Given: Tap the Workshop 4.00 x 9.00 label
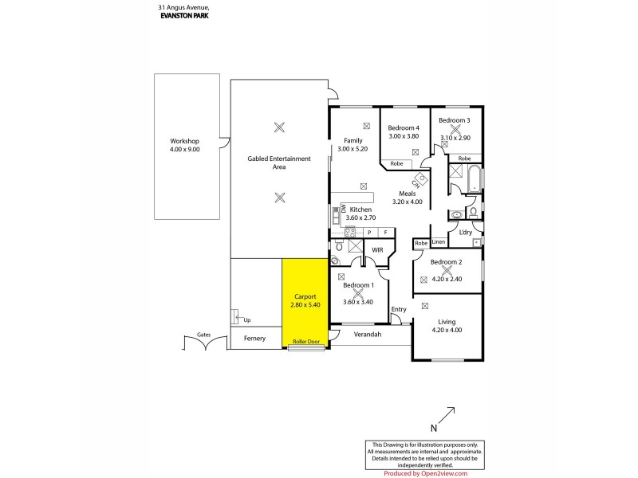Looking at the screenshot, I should [184, 146].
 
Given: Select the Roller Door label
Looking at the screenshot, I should [305, 342].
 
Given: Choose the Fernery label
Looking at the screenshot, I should [254, 339].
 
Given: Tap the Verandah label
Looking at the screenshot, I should [368, 335].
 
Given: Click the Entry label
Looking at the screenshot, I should [399, 309].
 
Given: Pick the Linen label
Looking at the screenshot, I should [439, 241].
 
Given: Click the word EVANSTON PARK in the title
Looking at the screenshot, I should [179, 14].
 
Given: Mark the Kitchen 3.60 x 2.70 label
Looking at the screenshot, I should [361, 213].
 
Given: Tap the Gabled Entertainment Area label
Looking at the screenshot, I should [279, 163].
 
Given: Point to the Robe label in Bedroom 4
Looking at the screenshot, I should [396, 164].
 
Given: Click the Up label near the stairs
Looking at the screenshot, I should [246, 320].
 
